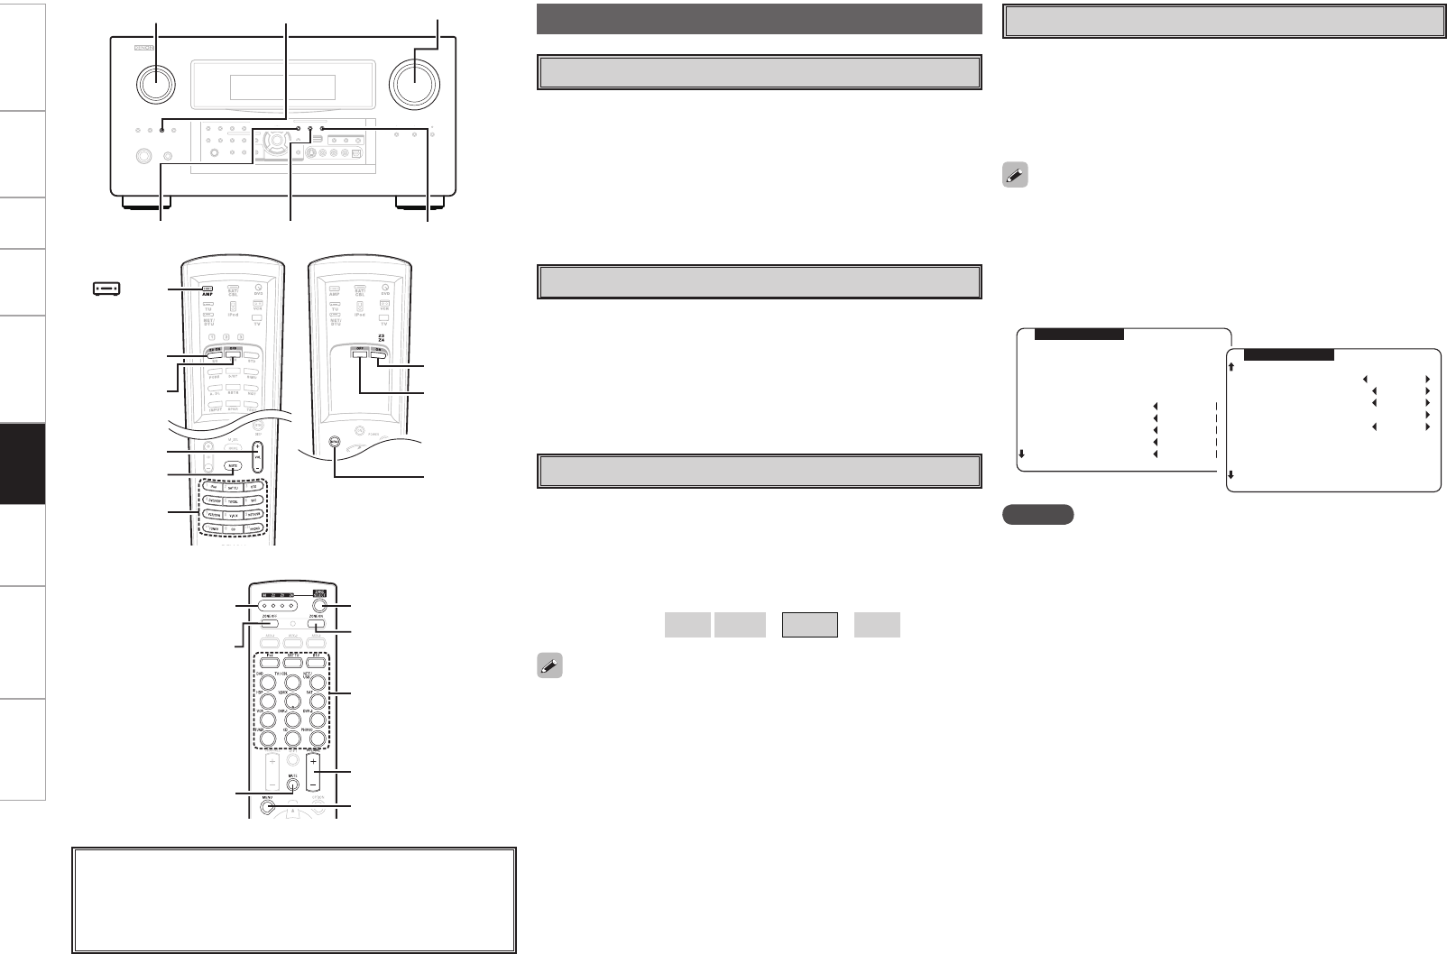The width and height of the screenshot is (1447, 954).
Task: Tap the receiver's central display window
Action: pyautogui.click(x=282, y=87)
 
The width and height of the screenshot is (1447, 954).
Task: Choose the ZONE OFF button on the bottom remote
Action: pyautogui.click(x=268, y=623)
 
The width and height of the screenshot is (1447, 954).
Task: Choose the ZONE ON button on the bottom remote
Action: pyautogui.click(x=315, y=623)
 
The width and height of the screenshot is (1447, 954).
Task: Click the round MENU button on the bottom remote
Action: pyautogui.click(x=269, y=806)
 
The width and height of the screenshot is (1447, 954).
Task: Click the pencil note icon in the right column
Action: pyautogui.click(x=1014, y=177)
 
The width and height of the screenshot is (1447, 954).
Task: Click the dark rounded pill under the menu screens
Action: pyautogui.click(x=1037, y=515)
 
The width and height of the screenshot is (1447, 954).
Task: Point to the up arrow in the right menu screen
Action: pyautogui.click(x=1231, y=366)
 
